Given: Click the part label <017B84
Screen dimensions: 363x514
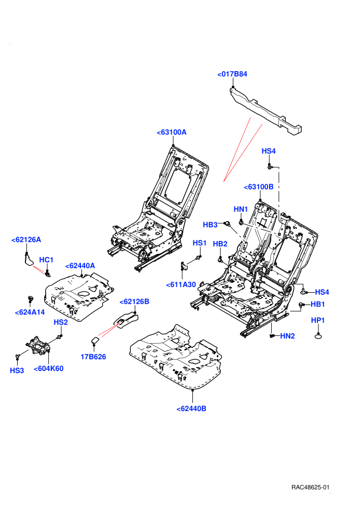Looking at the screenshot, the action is [x=232, y=74].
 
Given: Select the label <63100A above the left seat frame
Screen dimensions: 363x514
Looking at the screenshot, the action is [x=172, y=132].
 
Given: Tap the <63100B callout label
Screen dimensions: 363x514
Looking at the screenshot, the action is [x=259, y=187].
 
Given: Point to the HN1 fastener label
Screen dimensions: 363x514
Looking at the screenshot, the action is [x=241, y=209].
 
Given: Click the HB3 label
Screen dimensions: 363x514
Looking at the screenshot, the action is [x=210, y=224].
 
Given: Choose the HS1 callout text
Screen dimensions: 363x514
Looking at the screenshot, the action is [x=199, y=243].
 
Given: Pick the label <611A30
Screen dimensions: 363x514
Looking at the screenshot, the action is [x=181, y=285].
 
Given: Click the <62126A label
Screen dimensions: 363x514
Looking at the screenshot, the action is [x=26, y=240].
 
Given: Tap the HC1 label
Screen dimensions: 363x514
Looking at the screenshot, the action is [x=46, y=260].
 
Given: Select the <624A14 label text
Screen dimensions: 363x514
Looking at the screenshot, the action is [x=30, y=312].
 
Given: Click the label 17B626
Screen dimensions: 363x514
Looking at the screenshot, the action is [x=93, y=357].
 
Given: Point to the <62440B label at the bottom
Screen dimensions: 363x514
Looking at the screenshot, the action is [x=191, y=409].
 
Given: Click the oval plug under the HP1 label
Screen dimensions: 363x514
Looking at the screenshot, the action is [x=318, y=336].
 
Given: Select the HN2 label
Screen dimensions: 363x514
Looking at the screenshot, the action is [x=287, y=336].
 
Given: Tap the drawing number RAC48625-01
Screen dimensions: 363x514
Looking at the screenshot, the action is [x=310, y=487].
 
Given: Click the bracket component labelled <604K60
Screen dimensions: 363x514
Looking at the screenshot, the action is [x=38, y=345].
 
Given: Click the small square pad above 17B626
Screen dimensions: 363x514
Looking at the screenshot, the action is [x=95, y=340].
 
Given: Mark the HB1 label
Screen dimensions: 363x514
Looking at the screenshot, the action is [x=317, y=304].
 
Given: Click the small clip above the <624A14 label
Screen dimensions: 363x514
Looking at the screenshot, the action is [x=31, y=299].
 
